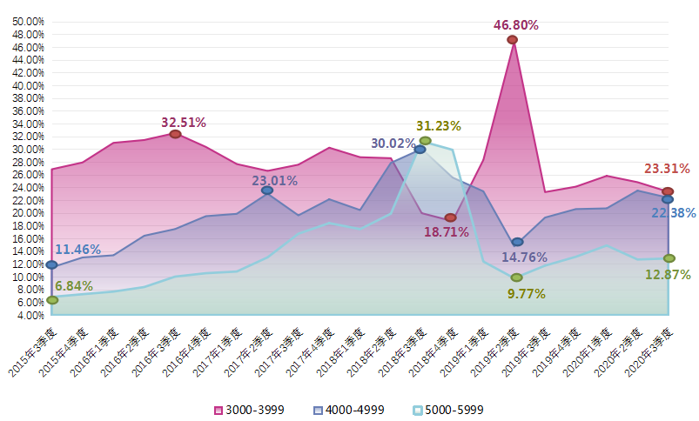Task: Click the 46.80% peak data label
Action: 516,25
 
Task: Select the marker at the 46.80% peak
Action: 512,40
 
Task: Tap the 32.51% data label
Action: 184,123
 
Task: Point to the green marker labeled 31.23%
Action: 425,141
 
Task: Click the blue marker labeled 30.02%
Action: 420,150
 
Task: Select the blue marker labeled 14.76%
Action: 517,242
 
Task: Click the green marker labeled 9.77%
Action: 516,277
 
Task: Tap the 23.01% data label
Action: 275,181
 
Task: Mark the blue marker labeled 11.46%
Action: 52,264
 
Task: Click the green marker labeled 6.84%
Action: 52,299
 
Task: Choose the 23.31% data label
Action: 667,169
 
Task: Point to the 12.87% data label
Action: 668,275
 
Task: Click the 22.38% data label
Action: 674,213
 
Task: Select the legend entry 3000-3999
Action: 249,410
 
